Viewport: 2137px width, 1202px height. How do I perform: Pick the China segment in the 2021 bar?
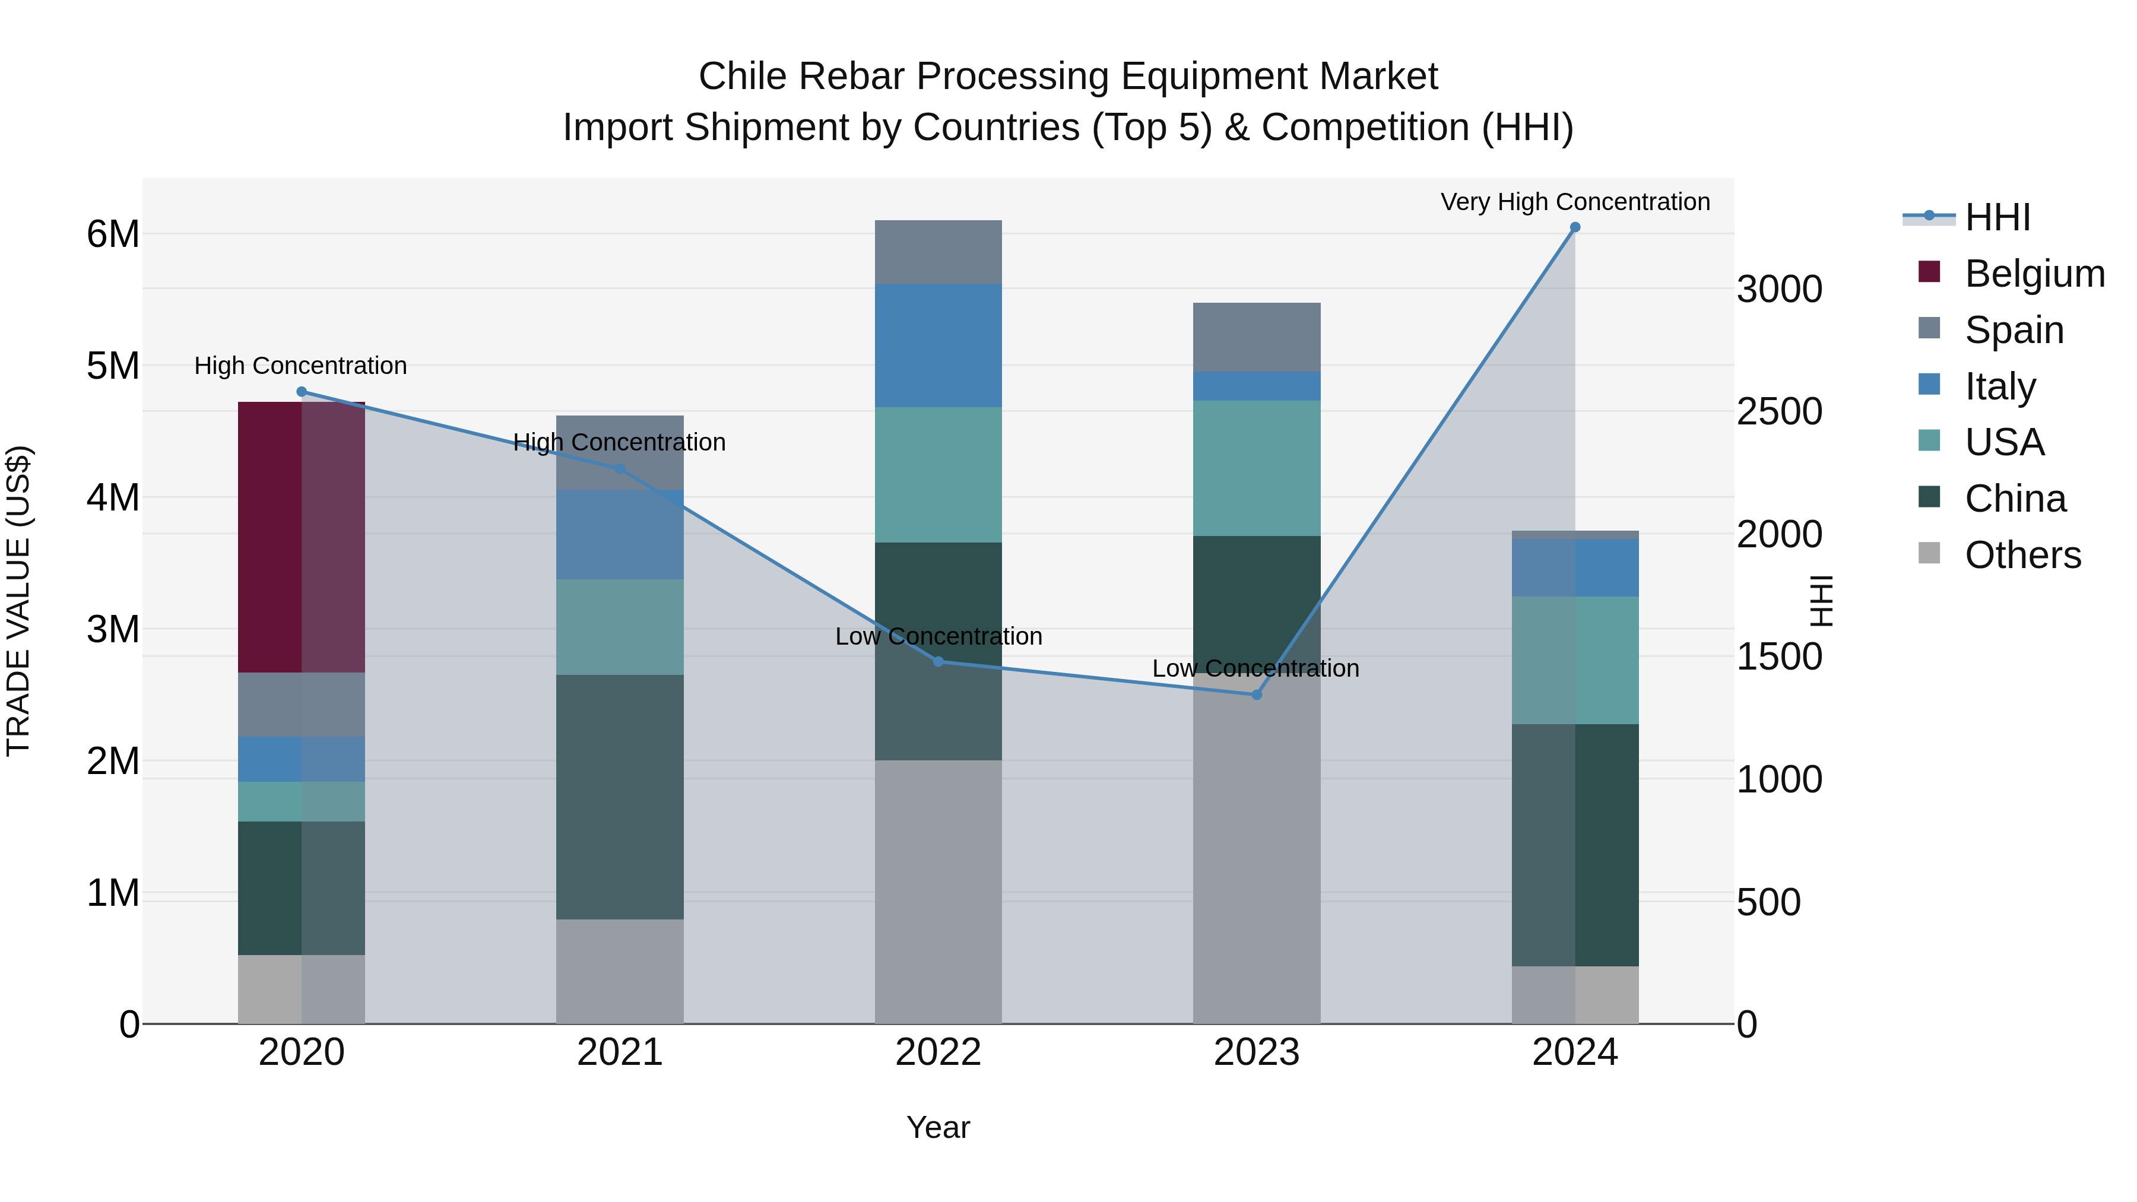[620, 797]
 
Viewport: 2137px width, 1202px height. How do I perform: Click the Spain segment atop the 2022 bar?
[938, 252]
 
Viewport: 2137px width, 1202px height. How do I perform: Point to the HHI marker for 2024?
[1574, 227]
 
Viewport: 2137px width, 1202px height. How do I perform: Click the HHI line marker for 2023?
[1256, 694]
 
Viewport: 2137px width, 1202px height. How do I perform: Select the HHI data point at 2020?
[301, 392]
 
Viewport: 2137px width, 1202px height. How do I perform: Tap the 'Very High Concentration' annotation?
[1574, 202]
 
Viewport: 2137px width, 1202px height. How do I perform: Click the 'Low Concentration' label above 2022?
[938, 636]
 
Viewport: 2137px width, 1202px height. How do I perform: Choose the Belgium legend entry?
[2034, 274]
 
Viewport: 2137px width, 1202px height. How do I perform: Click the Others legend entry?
[2022, 555]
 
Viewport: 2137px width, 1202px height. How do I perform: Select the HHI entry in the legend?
[1997, 217]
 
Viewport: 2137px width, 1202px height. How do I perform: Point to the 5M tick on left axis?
[113, 366]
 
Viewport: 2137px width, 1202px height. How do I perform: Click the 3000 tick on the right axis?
[1780, 290]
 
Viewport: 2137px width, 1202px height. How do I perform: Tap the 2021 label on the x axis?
[620, 1052]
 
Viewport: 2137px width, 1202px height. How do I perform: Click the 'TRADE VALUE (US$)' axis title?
[18, 601]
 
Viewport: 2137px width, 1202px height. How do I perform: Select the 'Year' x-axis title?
[938, 1127]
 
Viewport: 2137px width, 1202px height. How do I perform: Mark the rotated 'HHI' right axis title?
[1822, 601]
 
